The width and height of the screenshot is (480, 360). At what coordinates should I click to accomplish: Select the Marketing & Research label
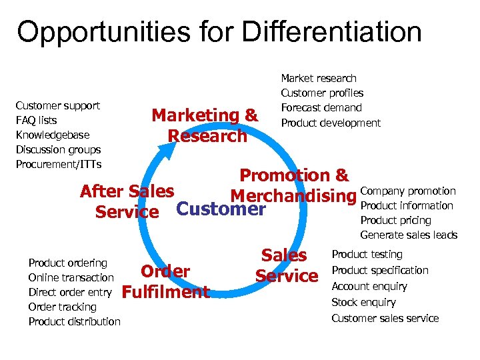click(205, 125)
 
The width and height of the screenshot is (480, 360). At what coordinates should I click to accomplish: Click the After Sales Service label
click(127, 201)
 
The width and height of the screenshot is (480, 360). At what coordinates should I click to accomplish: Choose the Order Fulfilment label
click(166, 281)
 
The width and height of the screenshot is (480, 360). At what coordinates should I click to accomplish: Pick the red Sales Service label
click(285, 265)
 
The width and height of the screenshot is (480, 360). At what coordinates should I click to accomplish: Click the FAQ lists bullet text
click(36, 121)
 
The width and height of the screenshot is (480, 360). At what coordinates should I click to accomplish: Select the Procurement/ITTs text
click(58, 165)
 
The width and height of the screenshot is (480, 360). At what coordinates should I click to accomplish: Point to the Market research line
click(319, 79)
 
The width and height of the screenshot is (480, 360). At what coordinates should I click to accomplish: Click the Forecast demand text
click(321, 108)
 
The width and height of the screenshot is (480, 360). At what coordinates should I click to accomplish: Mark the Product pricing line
click(395, 221)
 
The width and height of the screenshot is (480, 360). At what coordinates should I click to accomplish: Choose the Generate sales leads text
click(409, 235)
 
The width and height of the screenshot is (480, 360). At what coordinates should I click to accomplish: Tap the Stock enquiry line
click(363, 303)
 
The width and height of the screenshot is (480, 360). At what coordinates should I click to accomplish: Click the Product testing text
click(367, 255)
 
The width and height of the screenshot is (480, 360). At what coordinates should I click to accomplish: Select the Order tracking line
click(62, 307)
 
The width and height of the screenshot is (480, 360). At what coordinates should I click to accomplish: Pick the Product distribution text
click(74, 322)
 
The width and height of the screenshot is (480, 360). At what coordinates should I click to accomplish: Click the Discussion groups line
click(58, 150)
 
